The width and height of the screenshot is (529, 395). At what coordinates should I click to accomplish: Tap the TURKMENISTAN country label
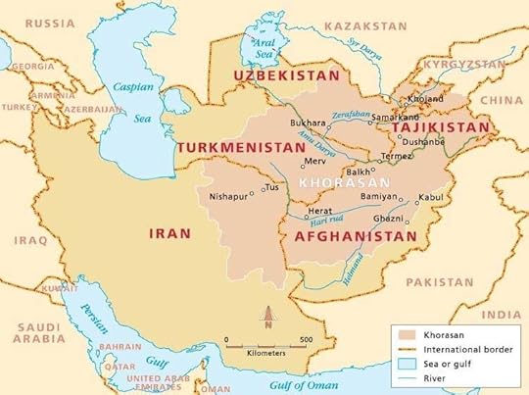coord(242,147)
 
